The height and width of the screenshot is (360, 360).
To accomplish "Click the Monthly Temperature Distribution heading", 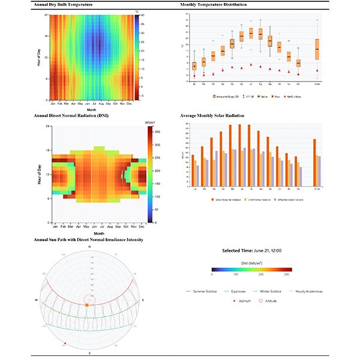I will [x=213, y=5].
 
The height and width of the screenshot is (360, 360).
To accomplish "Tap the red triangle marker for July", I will [x=251, y=66].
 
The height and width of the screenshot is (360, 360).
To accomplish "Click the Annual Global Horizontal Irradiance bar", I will [x=314, y=163].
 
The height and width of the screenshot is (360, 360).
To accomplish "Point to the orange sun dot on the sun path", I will [x=86, y=305].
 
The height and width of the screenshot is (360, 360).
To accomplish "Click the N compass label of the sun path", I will [x=89, y=247].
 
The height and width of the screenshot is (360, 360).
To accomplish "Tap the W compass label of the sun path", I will [x=37, y=299].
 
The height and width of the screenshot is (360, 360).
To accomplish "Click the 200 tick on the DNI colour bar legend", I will [x=260, y=275].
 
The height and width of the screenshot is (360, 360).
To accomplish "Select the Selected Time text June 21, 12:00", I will [x=252, y=250].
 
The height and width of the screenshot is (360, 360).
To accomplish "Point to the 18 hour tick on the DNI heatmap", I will [x=47, y=151].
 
